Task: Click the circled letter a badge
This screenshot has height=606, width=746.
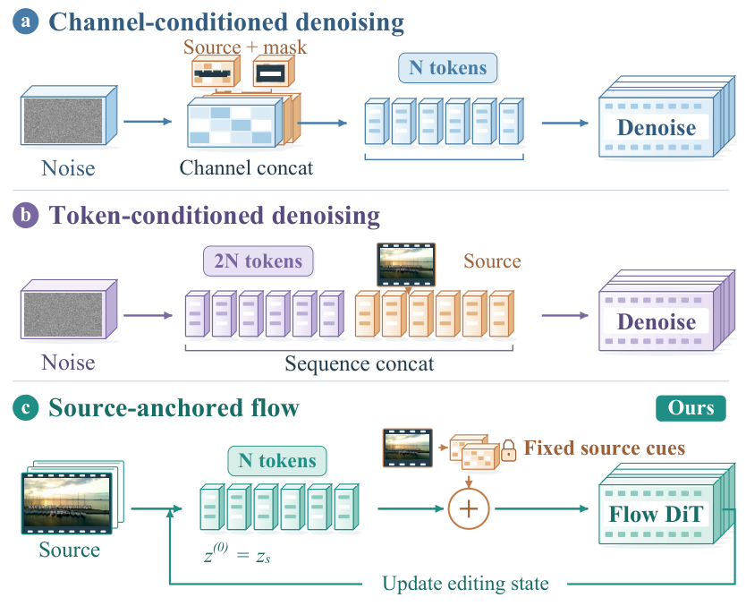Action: pyautogui.click(x=26, y=21)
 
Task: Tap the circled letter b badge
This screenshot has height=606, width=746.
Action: pyautogui.click(x=26, y=215)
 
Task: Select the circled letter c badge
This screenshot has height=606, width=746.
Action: pyautogui.click(x=26, y=408)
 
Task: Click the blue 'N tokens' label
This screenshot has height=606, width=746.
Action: pyautogui.click(x=448, y=68)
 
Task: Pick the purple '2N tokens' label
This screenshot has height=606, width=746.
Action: pyautogui.click(x=259, y=260)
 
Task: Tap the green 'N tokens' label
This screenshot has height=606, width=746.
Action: pyautogui.click(x=277, y=460)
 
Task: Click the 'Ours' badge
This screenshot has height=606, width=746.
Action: pyautogui.click(x=691, y=408)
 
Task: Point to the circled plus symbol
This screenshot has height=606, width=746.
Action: pyautogui.click(x=469, y=508)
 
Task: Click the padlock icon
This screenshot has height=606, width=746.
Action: pyautogui.click(x=509, y=450)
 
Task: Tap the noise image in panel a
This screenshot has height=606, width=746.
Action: pyautogui.click(x=64, y=121)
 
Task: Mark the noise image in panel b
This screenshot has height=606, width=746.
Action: pyautogui.click(x=64, y=314)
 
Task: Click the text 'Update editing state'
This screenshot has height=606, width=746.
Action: pyautogui.click(x=465, y=583)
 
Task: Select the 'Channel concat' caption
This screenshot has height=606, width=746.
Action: pyautogui.click(x=246, y=167)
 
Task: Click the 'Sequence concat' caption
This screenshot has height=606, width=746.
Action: pyautogui.click(x=360, y=363)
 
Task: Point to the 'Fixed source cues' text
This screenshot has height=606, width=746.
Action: pyautogui.click(x=605, y=448)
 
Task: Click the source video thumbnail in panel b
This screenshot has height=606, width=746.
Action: pyautogui.click(x=406, y=264)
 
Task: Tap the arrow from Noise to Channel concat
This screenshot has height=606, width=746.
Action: pyautogui.click(x=148, y=122)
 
